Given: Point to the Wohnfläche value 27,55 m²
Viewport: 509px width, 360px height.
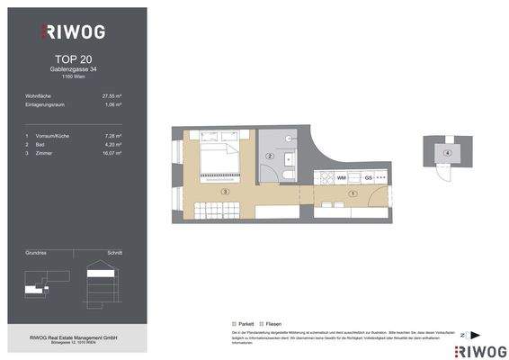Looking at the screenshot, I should click(x=112, y=95).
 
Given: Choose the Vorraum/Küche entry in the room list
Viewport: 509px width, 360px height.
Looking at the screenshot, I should click(x=54, y=133).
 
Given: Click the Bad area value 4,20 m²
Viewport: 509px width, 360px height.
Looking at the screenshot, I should click(x=112, y=143).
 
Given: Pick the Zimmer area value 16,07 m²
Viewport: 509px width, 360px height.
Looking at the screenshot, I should click(x=111, y=153).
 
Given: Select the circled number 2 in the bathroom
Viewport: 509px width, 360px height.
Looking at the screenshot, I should click(x=270, y=157).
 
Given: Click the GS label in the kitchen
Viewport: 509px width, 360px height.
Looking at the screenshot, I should click(x=344, y=178).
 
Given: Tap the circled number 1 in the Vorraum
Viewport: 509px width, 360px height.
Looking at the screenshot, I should click(x=353, y=193).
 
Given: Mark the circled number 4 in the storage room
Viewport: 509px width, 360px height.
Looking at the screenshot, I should click(x=447, y=153).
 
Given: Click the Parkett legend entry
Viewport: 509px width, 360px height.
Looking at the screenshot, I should click(x=244, y=321).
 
